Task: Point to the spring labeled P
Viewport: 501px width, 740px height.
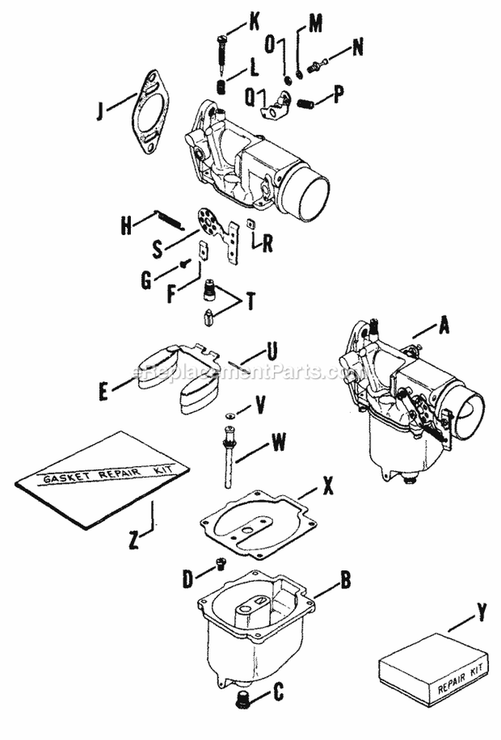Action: [305, 103]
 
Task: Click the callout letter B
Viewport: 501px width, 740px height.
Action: [345, 578]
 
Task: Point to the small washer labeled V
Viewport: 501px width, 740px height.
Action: [228, 415]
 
